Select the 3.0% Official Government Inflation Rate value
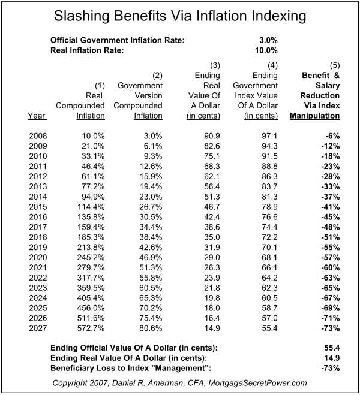click(268, 40)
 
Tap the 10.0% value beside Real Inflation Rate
click(266, 50)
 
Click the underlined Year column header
click(37, 116)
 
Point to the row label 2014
click(38, 197)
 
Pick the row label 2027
click(38, 328)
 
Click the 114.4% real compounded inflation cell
click(91, 207)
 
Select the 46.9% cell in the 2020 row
click(151, 258)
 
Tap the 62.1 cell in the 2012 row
click(212, 177)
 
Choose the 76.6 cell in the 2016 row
click(269, 217)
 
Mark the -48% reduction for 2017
click(331, 227)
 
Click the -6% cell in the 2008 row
click(333, 136)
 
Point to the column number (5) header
click(335, 65)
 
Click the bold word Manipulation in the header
click(315, 116)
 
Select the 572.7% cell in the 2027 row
click(91, 328)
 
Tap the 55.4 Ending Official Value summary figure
click(332, 348)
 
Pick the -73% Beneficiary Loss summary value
click(331, 368)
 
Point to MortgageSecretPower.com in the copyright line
click(257, 383)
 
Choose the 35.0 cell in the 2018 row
click(212, 237)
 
